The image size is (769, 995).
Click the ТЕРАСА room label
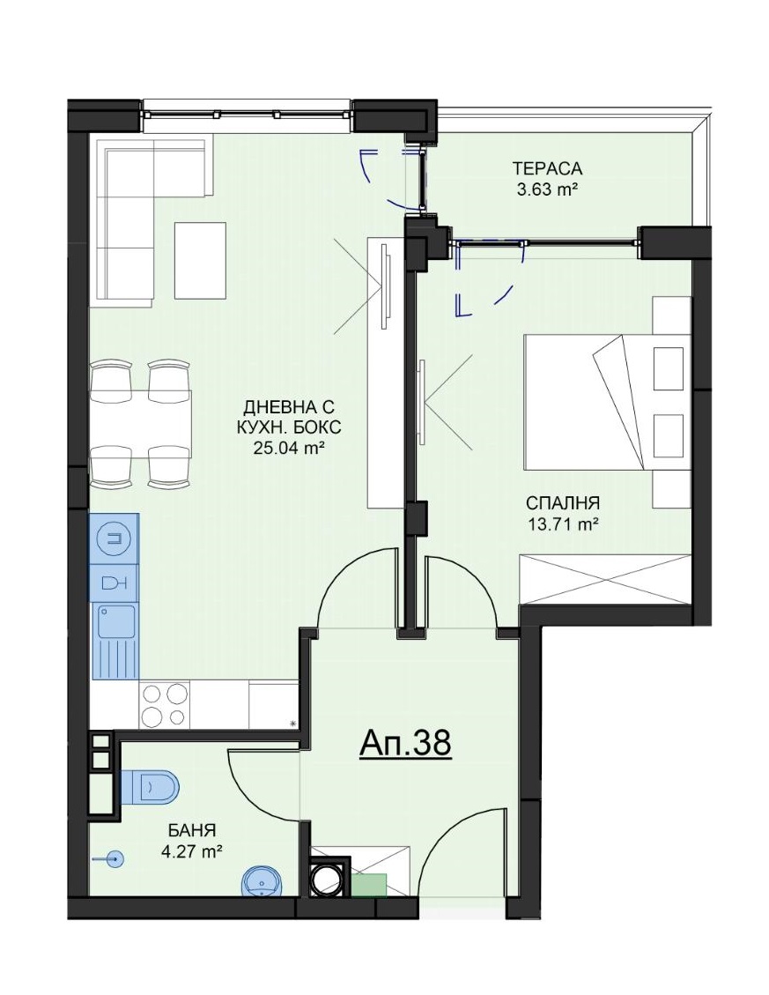(547, 169)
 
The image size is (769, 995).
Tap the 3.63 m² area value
(547, 189)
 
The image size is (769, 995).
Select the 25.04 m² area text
(285, 448)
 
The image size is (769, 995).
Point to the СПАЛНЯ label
(562, 503)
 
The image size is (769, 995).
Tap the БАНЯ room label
(192, 830)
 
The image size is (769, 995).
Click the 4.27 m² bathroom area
(191, 851)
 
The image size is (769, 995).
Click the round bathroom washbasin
(261, 881)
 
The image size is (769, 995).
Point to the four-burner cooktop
(165, 706)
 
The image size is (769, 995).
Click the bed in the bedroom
(607, 402)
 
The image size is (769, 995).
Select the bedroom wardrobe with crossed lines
(605, 580)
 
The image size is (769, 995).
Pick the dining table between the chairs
(141, 424)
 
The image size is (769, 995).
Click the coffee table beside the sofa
(201, 260)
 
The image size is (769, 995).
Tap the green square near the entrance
(369, 885)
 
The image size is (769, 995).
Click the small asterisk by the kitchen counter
(292, 723)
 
